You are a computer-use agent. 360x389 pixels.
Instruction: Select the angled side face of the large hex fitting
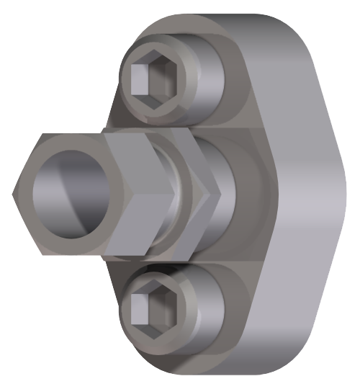click(137, 194)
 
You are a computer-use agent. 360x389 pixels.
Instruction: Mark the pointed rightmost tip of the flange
click(340, 194)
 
